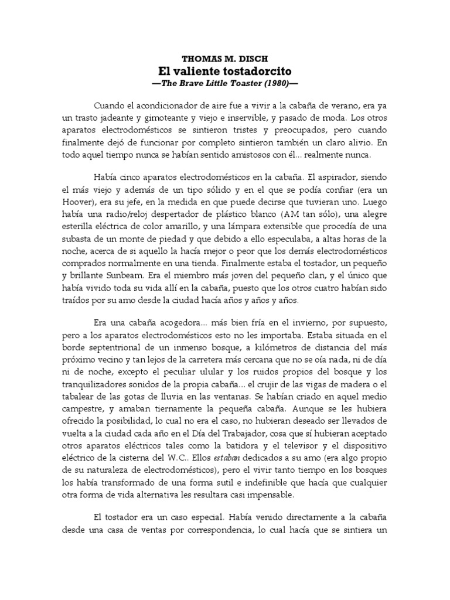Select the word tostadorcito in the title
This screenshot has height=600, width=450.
[257, 71]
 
